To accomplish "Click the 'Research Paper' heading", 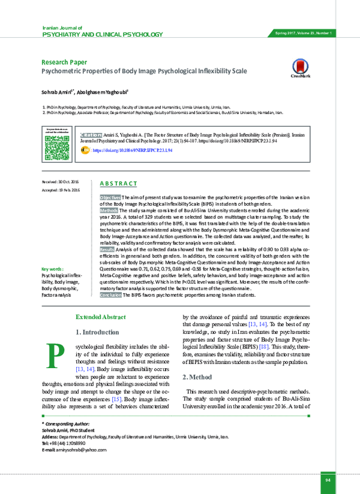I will (64, 62).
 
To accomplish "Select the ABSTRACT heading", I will (118, 183).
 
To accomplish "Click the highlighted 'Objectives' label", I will (110, 197).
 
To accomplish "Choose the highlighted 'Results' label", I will (107, 248).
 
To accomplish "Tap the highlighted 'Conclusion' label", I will (110, 295).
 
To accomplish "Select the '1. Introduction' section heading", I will (97, 332).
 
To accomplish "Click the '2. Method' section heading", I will (197, 377).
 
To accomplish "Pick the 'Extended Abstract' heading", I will (100, 317).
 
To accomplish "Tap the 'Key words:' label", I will (53, 270).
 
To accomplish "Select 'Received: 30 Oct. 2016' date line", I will (61, 181).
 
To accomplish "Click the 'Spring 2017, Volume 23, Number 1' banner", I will (304, 32).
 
